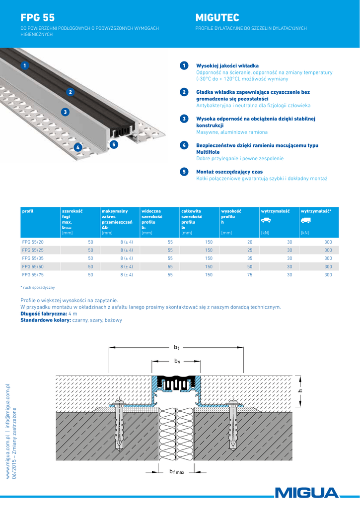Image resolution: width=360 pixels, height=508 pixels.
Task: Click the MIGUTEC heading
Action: click(x=216, y=18)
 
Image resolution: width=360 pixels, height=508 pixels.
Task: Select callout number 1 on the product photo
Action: click(x=24, y=65)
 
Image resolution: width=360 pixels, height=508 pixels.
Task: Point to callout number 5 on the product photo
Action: click(x=114, y=144)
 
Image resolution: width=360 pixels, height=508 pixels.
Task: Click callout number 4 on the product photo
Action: click(x=77, y=147)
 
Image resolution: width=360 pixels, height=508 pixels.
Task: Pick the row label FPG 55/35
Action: click(x=33, y=258)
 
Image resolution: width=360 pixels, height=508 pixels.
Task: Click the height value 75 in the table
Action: click(x=250, y=274)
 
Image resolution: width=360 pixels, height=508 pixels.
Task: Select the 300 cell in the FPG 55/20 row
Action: click(x=328, y=242)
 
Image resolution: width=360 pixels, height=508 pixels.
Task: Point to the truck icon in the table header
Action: click(x=306, y=220)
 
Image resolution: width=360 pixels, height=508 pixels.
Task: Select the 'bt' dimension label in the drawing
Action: click(x=176, y=348)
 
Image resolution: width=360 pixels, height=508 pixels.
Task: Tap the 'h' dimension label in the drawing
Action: click(x=300, y=391)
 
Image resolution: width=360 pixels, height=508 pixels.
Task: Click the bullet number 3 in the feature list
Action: click(x=184, y=119)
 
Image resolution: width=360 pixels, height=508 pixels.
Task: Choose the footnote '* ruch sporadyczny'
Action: click(x=38, y=287)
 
